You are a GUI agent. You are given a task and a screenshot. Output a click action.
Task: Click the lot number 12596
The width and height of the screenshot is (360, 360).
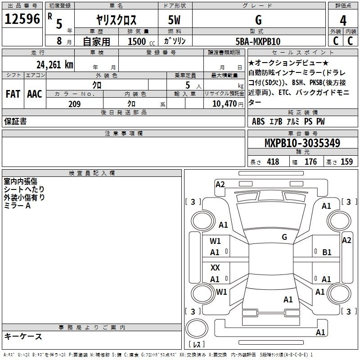point(22,19)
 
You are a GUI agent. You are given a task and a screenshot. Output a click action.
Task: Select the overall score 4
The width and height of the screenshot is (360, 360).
point(343,21)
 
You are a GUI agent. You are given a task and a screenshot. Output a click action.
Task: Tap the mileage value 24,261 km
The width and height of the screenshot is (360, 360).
point(54,65)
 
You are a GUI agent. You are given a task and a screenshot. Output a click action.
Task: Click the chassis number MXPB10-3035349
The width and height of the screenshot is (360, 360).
point(302,143)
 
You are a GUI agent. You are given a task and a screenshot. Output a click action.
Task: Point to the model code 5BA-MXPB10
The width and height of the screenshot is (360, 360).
point(258,41)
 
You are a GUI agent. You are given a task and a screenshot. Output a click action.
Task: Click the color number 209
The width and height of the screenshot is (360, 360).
point(74,104)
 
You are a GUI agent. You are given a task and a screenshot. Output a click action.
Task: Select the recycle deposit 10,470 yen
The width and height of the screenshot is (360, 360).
point(228,104)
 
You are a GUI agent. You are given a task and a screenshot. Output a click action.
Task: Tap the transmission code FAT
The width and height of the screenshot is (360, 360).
point(13,94)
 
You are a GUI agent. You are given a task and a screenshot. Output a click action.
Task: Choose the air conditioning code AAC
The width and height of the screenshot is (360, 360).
point(35,94)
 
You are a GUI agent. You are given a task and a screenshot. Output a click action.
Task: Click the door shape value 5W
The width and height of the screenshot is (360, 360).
point(174,20)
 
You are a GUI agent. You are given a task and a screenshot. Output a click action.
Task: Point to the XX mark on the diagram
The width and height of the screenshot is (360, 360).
point(215,267)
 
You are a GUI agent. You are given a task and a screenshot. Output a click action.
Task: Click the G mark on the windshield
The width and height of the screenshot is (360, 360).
point(284,237)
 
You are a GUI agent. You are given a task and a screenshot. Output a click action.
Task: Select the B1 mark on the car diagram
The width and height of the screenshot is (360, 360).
point(327,252)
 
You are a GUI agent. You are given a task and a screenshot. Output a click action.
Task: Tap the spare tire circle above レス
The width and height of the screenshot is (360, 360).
point(197,328)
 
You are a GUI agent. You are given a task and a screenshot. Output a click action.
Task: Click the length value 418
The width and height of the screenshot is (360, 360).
point(273,162)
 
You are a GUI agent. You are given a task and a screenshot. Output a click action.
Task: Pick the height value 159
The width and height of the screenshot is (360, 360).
point(346,162)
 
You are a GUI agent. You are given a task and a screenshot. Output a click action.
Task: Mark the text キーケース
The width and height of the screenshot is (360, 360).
point(23,337)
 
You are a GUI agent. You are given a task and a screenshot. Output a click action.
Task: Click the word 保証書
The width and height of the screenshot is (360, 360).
point(15,121)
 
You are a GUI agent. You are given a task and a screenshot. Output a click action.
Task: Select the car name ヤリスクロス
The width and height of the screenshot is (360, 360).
point(116,20)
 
